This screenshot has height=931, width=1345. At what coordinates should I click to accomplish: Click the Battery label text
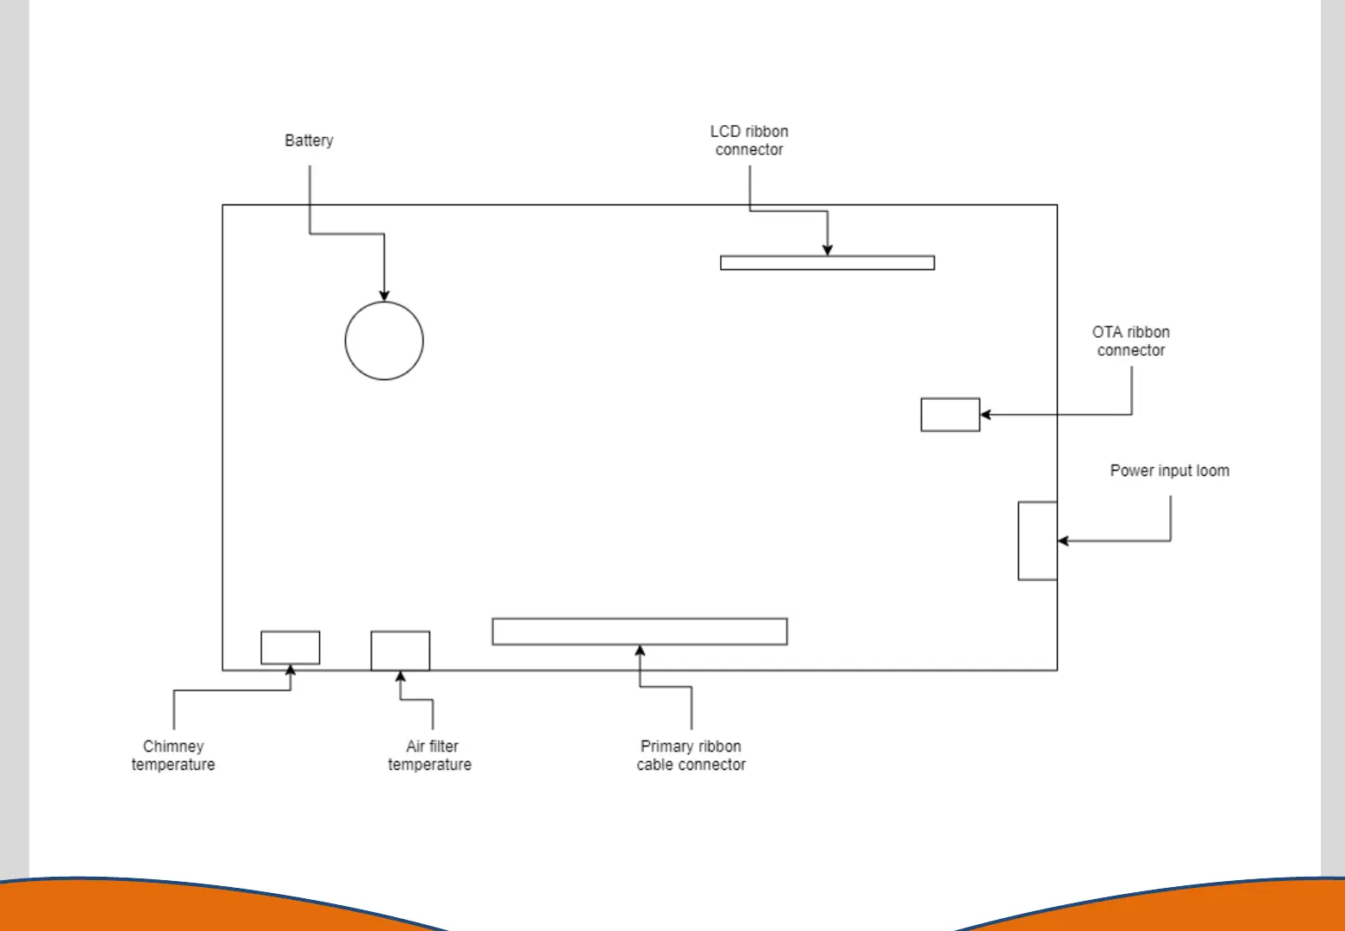[309, 141]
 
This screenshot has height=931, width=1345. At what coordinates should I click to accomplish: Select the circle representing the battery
[384, 341]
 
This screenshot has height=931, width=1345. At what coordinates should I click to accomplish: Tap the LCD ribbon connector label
[749, 141]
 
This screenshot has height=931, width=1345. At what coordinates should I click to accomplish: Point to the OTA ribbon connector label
[1130, 341]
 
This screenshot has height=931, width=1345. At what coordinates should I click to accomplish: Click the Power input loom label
[1169, 471]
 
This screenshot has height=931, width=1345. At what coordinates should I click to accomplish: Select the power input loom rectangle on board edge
[1037, 540]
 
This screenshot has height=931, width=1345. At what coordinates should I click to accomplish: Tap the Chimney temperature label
[173, 755]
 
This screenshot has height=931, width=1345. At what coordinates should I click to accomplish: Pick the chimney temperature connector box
[290, 647]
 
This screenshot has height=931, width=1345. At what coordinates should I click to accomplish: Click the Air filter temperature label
[430, 755]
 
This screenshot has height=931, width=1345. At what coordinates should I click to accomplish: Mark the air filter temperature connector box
[400, 651]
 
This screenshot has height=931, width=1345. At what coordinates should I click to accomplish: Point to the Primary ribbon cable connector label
[691, 755]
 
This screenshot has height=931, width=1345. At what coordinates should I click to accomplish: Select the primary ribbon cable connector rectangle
[639, 631]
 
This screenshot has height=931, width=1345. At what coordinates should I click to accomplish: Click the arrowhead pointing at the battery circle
[385, 296]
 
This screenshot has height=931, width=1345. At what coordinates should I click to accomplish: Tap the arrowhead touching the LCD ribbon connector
[828, 250]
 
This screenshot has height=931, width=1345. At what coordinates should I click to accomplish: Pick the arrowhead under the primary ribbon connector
[640, 651]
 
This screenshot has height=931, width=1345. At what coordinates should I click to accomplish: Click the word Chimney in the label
[173, 747]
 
